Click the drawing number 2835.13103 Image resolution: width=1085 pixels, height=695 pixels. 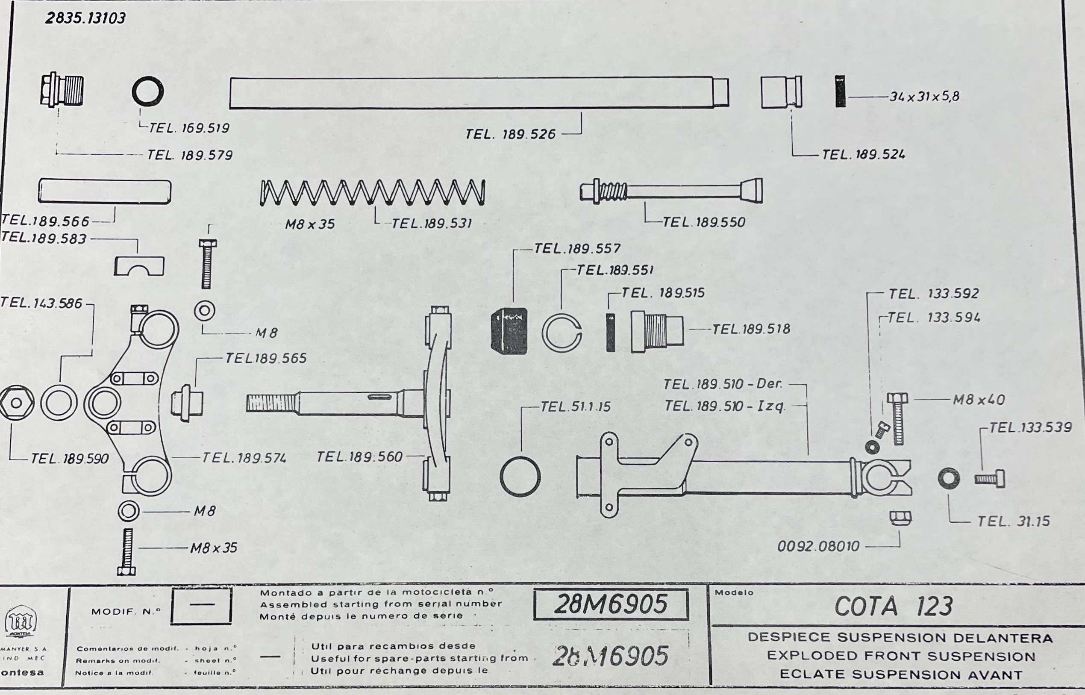85,18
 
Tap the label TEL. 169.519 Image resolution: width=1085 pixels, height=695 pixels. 189,128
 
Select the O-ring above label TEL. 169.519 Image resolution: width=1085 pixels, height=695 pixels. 147,91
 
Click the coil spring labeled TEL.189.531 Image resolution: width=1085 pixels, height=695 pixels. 373,193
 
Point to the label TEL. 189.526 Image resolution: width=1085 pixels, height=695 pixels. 510,134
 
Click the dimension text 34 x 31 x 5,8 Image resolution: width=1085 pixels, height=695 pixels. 924,97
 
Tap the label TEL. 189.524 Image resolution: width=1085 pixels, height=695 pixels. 863,155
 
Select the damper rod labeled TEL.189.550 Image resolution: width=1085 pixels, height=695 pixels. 671,191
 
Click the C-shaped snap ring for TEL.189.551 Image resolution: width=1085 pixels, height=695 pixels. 562,333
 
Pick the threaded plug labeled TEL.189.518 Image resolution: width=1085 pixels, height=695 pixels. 657,332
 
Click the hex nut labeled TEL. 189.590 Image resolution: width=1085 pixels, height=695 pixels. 17,403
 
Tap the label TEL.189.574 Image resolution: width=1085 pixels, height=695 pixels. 244,458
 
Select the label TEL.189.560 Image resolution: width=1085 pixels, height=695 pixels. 359,457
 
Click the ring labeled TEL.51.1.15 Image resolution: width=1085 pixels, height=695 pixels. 520,477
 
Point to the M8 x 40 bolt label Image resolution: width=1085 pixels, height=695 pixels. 979,400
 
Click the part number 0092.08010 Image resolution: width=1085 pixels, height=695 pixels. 818,547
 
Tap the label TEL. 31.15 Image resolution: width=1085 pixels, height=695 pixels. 1013,522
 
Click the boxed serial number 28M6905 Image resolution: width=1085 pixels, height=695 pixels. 610,604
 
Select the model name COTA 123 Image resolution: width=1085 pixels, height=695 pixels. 893,607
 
